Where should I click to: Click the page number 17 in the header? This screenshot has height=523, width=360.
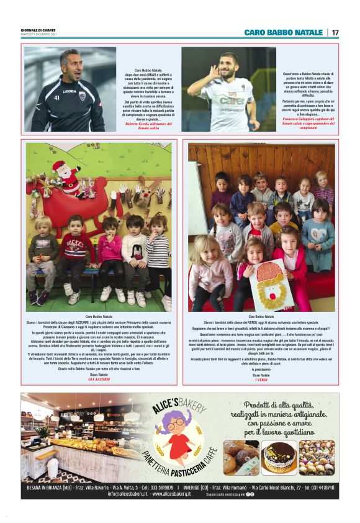335,32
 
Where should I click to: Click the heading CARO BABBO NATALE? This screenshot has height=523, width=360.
283,32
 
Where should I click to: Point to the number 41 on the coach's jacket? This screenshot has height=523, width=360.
57,98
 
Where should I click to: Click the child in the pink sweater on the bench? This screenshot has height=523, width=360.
110,248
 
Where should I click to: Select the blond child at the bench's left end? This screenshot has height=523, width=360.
43,248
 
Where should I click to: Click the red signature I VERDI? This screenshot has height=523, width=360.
261,379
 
